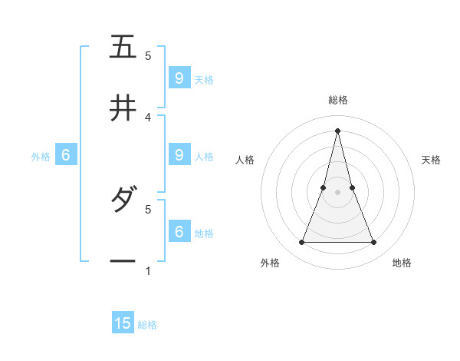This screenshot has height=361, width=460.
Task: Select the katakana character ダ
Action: point(123,200)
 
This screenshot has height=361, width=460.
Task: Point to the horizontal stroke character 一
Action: point(123,261)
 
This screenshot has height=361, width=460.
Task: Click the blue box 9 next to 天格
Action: point(179,78)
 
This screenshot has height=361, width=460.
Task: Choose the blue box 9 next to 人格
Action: point(179,154)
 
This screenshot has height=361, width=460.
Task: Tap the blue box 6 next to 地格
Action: point(179,230)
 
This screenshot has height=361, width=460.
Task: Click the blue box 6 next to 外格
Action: point(66,154)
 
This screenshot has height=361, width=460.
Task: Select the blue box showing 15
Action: point(123,323)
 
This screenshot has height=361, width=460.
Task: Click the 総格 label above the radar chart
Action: point(338,100)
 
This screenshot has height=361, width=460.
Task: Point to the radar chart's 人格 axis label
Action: point(245,160)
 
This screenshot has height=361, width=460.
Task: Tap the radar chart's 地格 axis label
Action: point(402,263)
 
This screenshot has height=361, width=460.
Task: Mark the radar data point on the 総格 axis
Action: point(338,130)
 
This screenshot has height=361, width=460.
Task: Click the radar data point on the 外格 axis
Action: point(301,243)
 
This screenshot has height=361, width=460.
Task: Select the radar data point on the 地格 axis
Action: point(374,243)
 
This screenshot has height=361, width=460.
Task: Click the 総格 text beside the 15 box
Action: point(147,325)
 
